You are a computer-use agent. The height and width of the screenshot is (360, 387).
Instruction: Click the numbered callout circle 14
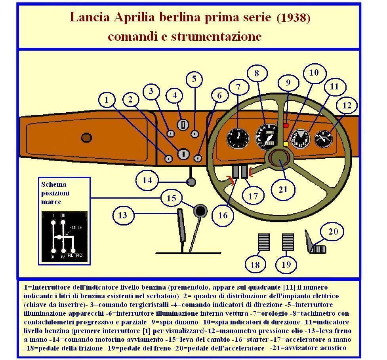point(147,180)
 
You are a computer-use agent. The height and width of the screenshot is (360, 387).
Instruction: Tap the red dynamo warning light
point(286,125)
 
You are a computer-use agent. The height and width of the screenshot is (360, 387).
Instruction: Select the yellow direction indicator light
point(286,144)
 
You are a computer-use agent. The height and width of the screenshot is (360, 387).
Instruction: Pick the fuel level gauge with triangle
point(300,138)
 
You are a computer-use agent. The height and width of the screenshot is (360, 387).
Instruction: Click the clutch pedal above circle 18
point(263,242)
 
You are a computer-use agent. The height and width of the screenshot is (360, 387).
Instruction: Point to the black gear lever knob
point(200,210)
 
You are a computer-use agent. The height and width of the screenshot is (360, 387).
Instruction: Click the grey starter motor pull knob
point(191,182)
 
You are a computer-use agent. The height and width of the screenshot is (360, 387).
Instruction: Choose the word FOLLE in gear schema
point(75,228)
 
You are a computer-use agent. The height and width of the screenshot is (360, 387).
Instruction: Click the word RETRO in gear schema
point(75,255)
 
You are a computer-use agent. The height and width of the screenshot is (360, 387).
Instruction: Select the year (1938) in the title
point(294,18)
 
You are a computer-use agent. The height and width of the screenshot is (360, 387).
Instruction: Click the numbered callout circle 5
point(194,78)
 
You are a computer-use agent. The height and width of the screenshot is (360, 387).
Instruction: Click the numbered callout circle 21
point(283,189)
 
